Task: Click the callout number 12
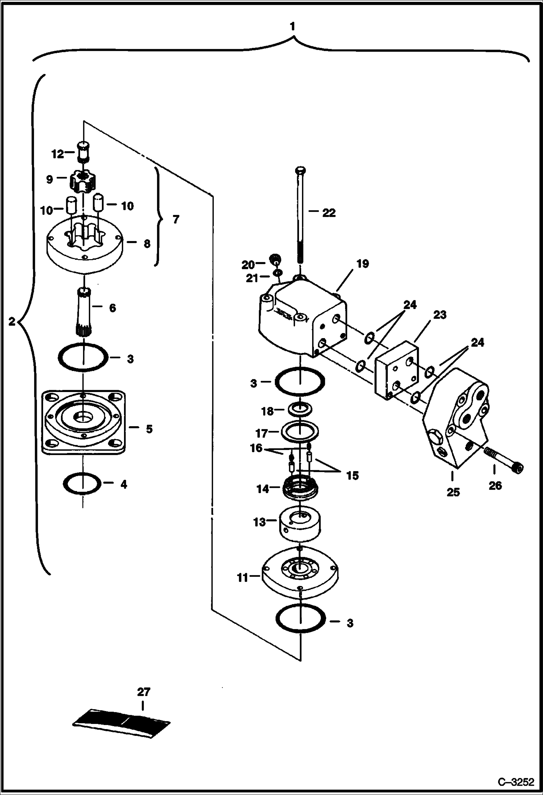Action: (57, 154)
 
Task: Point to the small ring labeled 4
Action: (82, 483)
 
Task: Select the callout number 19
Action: (362, 264)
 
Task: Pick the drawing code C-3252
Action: (516, 783)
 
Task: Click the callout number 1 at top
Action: (292, 27)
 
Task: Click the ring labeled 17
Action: (300, 431)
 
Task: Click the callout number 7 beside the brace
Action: (175, 220)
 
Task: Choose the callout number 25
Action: (453, 492)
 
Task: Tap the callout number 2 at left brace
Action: (12, 321)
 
